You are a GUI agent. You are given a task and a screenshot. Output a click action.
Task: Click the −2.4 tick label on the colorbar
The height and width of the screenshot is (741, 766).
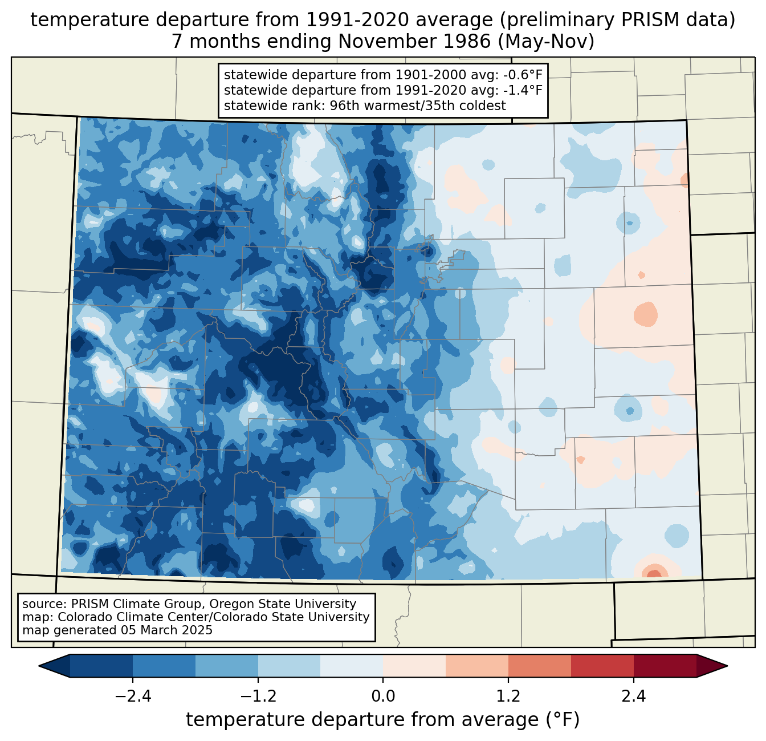click(x=132, y=697)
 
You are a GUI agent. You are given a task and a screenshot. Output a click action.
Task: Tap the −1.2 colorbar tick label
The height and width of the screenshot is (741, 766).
click(x=258, y=697)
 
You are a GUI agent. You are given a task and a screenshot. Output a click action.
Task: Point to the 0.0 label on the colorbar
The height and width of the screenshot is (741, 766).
click(x=383, y=697)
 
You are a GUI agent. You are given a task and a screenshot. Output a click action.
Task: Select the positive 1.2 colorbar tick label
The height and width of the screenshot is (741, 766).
click(x=508, y=697)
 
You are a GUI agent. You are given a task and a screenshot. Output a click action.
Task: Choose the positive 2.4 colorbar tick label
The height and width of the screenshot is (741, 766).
click(x=633, y=697)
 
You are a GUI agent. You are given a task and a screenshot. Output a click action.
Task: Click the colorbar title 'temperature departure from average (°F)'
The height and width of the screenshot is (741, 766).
click(x=383, y=720)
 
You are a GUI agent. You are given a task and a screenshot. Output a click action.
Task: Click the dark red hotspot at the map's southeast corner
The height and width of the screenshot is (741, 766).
click(x=654, y=573)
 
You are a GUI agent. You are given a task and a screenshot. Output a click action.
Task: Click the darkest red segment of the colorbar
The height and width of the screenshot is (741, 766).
click(x=665, y=666)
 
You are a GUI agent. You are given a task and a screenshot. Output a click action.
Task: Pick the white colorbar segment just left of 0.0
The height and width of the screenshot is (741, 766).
click(x=352, y=666)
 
